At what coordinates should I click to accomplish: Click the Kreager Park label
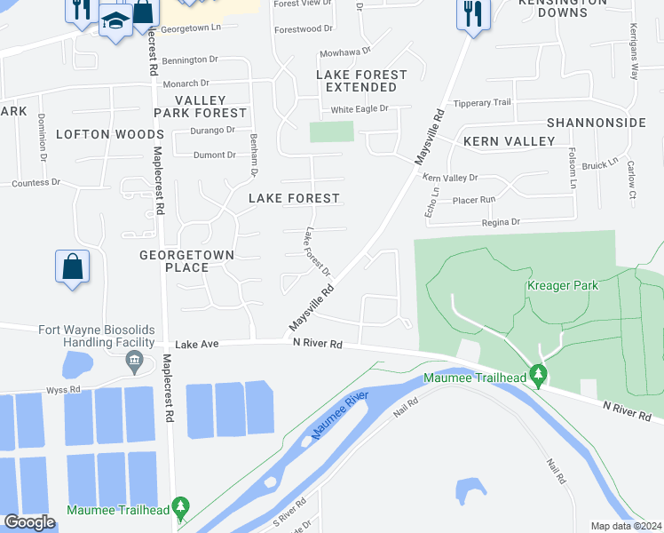pyautogui.click(x=562, y=285)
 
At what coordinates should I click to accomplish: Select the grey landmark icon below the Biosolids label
pyautogui.click(x=135, y=361)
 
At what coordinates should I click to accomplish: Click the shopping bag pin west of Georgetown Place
pyautogui.click(x=72, y=267)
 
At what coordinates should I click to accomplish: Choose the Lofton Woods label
pyautogui.click(x=97, y=134)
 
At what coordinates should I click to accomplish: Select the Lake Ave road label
pyautogui.click(x=196, y=344)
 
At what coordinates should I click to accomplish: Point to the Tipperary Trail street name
pyautogui.click(x=483, y=103)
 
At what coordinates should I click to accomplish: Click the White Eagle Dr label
pyautogui.click(x=360, y=109)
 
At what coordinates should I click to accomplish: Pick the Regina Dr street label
pyautogui.click(x=502, y=221)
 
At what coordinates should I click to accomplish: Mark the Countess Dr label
pyautogui.click(x=36, y=183)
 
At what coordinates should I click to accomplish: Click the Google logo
pyautogui.click(x=28, y=522)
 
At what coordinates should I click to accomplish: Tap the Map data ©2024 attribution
pyautogui.click(x=626, y=526)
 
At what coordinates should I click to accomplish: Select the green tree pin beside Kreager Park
pyautogui.click(x=537, y=376)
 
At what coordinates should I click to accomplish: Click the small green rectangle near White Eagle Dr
pyautogui.click(x=331, y=131)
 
